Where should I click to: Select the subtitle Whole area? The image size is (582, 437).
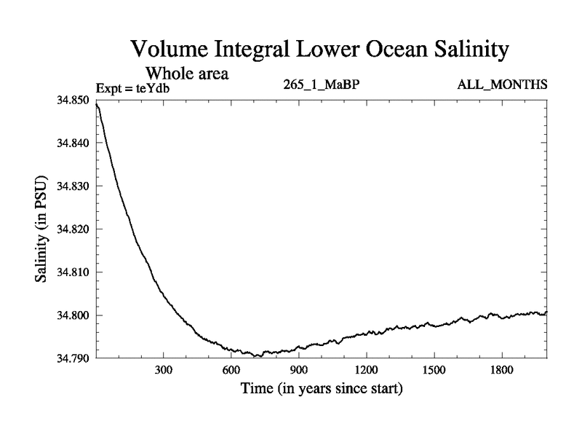[188, 73]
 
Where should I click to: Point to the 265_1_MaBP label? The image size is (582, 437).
[321, 84]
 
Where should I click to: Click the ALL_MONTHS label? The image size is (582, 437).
[502, 84]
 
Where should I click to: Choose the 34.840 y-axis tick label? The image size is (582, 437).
[74, 143]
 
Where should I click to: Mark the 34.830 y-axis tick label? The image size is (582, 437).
[74, 186]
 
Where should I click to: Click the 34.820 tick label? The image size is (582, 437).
[74, 229]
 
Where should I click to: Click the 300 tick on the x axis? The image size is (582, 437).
[163, 370]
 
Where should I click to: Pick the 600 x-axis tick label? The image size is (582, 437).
[231, 370]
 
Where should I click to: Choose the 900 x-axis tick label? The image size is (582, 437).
[298, 370]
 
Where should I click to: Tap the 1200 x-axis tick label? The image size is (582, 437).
[366, 370]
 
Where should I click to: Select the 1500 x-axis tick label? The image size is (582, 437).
[434, 370]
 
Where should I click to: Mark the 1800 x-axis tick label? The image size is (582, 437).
[501, 370]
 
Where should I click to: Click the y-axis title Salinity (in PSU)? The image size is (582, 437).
[41, 229]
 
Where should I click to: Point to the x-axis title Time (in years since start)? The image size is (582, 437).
[321, 389]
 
